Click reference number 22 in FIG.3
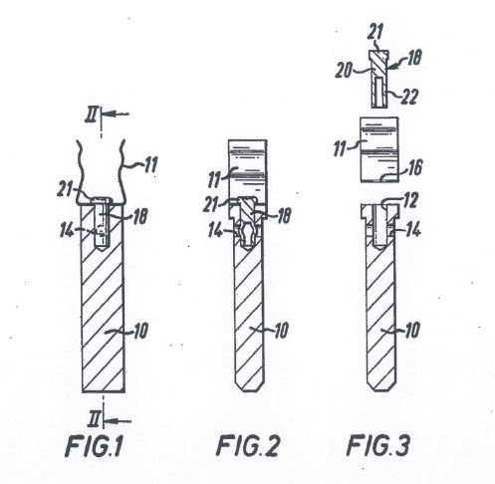[407, 95]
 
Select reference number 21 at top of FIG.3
[375, 34]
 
